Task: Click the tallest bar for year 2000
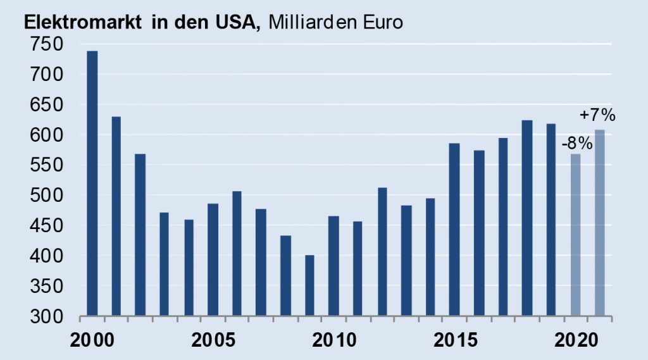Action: pos(92,183)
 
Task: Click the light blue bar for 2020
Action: pos(575,234)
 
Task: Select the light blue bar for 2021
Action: pos(599,222)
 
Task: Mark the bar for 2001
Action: pos(116,216)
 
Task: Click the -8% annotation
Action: pos(576,144)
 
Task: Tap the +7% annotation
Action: pos(598,116)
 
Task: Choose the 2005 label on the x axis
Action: pos(213,340)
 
